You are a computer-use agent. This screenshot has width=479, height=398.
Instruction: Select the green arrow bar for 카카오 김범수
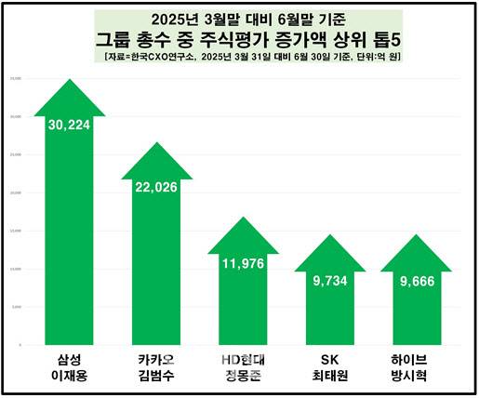(x=157, y=260)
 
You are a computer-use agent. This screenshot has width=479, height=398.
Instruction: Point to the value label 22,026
(x=157, y=187)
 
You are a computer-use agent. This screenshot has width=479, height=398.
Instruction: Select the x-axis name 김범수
(x=157, y=378)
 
